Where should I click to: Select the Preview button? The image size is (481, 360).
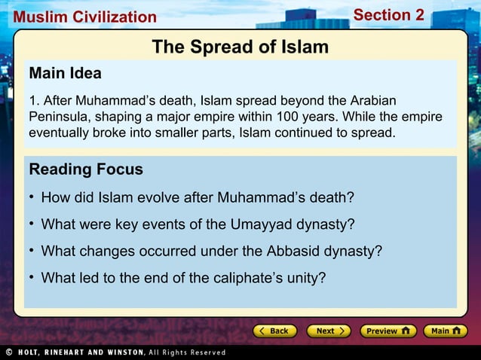click(x=388, y=331)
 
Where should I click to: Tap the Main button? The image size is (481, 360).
click(x=445, y=331)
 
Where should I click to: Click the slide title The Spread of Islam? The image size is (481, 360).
click(x=240, y=47)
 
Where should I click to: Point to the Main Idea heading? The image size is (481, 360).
click(x=65, y=74)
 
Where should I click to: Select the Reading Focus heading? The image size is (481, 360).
click(x=86, y=169)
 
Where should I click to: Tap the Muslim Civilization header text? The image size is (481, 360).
click(x=84, y=17)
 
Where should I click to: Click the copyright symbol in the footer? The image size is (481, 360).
click(x=8, y=352)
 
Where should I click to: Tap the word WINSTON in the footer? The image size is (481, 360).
click(x=119, y=352)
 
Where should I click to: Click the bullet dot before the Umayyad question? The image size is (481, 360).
click(x=32, y=224)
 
